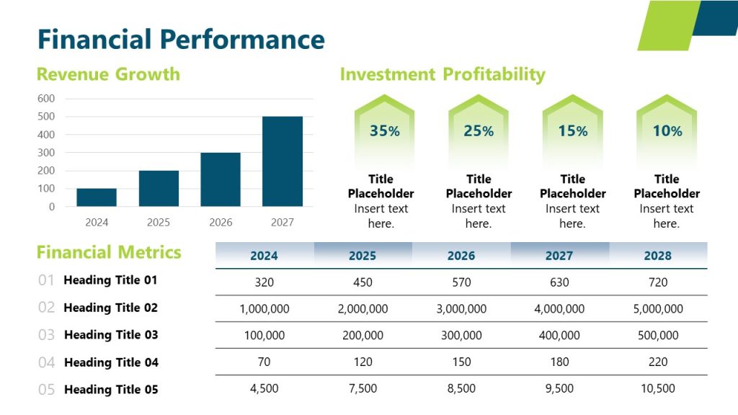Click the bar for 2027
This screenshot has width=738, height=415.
(x=283, y=161)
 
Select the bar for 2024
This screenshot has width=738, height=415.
(x=97, y=197)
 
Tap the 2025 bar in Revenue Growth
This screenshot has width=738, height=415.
(x=159, y=188)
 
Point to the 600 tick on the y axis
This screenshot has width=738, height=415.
(x=46, y=99)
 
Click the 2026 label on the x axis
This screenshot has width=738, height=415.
(x=221, y=223)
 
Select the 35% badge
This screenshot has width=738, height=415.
(x=384, y=130)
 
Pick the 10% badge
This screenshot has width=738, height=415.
(x=667, y=130)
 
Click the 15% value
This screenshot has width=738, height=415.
(x=572, y=131)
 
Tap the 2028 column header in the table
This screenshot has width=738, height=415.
(x=658, y=256)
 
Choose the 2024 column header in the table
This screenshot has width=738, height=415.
(x=264, y=256)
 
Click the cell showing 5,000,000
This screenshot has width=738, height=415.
(x=658, y=309)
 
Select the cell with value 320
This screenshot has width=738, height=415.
(x=264, y=282)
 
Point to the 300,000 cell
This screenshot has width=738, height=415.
(x=461, y=336)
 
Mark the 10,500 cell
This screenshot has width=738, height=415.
(x=658, y=389)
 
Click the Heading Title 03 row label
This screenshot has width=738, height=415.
(x=111, y=335)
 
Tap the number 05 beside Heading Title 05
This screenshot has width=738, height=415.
(x=46, y=390)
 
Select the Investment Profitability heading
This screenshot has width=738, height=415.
(x=443, y=74)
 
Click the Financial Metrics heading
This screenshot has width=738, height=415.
(x=109, y=252)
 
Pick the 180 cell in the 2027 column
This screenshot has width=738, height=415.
(x=559, y=362)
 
